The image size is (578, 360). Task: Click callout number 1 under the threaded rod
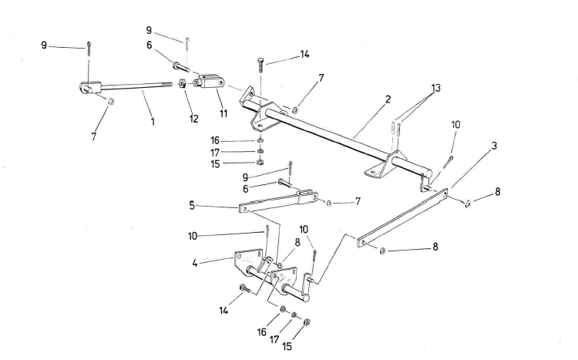tap(153, 121)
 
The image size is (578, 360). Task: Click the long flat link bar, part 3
tap(405, 217)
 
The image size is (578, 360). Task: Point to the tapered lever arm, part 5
tap(277, 200)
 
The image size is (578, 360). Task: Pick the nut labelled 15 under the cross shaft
tap(260, 163)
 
